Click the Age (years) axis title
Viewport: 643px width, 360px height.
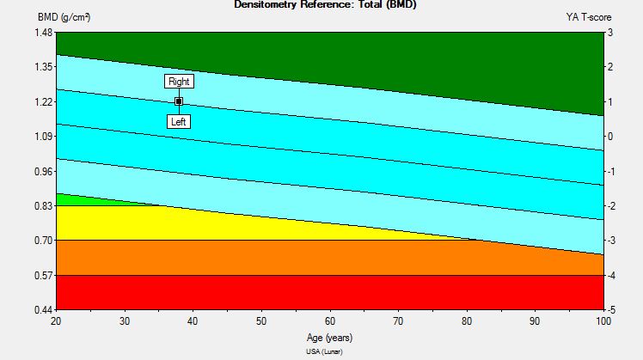(x=330, y=338)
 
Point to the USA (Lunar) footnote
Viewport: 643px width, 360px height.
(x=330, y=351)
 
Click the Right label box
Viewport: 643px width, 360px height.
(x=179, y=82)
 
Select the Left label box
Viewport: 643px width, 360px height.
(x=179, y=121)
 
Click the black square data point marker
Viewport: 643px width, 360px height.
(x=179, y=101)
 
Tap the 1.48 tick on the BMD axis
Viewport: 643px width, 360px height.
(x=43, y=33)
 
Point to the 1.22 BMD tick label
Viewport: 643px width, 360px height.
(x=43, y=102)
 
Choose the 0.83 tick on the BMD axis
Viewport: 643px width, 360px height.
(x=43, y=206)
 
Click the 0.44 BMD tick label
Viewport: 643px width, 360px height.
(x=43, y=309)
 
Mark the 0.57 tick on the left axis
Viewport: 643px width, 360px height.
(x=43, y=275)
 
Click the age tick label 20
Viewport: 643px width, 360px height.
(x=57, y=320)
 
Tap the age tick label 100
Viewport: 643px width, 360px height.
(x=603, y=320)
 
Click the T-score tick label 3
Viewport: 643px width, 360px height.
(x=609, y=33)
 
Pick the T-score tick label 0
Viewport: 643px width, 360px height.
(x=609, y=137)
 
